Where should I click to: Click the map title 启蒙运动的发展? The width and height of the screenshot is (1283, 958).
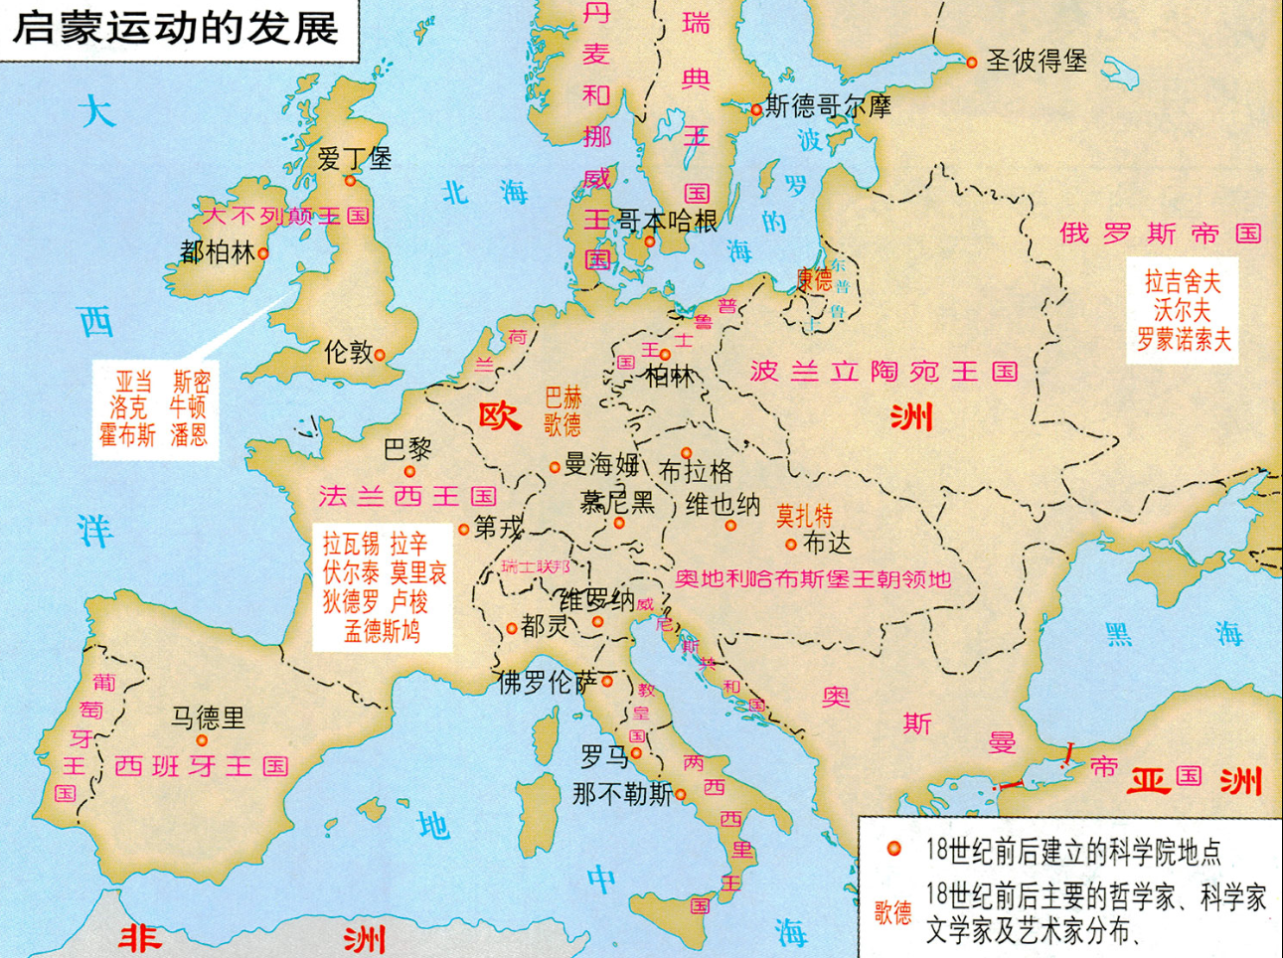pos(175,28)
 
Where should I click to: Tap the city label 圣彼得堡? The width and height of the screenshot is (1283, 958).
pos(1036,62)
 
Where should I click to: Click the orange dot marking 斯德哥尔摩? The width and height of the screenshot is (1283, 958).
pos(756,109)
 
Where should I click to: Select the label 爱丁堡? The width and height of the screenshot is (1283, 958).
pos(354,158)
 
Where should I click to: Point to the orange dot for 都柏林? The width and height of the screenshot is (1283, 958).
pos(263,253)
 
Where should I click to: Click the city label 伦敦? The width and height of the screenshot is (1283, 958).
pos(348,352)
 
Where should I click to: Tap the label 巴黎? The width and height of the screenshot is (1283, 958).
pos(407,449)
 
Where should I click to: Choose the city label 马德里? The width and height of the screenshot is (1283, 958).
pos(208,718)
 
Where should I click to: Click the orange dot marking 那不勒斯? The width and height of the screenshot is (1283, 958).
pos(681,794)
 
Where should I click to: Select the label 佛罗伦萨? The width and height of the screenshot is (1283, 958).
pos(548,682)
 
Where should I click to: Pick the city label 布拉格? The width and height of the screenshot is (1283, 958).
pos(696,471)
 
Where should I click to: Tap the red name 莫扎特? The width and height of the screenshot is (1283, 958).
pos(804,516)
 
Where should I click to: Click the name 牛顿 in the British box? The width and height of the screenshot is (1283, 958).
pos(187,406)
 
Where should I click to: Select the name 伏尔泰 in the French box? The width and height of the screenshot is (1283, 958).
pos(351,572)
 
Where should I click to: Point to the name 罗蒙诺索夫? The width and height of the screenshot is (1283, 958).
pos(1184,340)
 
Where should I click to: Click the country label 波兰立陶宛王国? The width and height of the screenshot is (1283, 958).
pos(883,372)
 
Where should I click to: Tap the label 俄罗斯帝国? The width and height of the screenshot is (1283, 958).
pos(1160,234)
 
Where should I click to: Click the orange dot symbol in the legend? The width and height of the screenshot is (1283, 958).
pos(893,849)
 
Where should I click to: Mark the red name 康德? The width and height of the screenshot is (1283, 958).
pos(814,279)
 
